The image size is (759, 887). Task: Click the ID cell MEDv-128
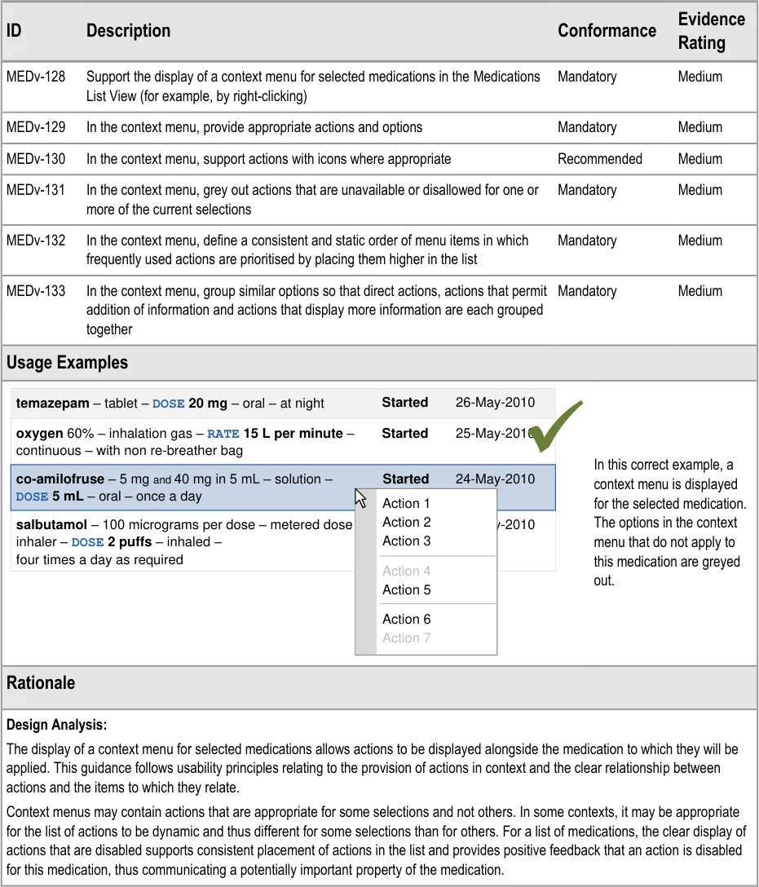(36, 77)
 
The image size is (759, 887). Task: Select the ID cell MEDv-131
(36, 190)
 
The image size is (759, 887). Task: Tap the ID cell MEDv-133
(36, 291)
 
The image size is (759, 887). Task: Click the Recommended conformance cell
(600, 159)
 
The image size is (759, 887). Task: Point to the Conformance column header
(607, 31)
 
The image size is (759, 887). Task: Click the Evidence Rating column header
(711, 31)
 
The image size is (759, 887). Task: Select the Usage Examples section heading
(67, 363)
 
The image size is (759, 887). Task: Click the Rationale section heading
(41, 683)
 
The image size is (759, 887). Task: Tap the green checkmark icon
(557, 425)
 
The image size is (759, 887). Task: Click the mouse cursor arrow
(360, 497)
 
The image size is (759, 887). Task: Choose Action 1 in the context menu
(406, 504)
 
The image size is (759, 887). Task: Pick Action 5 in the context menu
(406, 590)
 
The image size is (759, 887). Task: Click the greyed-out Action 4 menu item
(406, 571)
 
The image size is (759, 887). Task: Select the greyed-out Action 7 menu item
(406, 638)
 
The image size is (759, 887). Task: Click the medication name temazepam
(52, 404)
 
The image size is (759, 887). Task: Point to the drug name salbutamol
(51, 525)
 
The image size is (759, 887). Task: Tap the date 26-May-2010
(495, 403)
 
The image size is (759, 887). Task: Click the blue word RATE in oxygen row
(223, 435)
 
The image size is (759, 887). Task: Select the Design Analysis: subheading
(56, 725)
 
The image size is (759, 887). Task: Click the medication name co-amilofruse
(60, 479)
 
